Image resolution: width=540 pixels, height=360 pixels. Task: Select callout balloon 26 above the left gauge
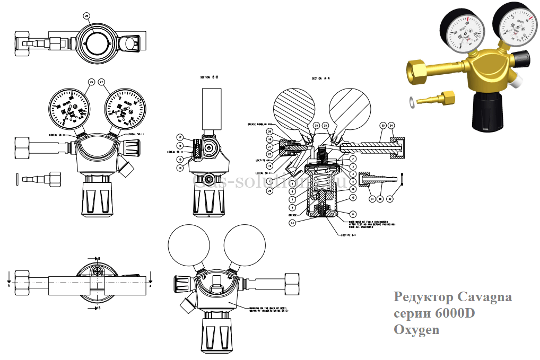pos(91,82)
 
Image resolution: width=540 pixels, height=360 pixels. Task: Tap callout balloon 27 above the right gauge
pos(102,82)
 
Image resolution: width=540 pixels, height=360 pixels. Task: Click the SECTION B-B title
pos(209,77)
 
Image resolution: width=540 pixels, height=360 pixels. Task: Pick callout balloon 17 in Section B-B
pos(180,137)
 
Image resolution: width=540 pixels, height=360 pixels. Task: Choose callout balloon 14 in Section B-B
pos(180,168)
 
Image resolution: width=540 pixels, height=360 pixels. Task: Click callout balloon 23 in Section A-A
pos(382,126)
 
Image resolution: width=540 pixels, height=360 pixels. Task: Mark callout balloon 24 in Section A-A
pos(393,126)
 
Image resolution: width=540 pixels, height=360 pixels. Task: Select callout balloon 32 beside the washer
pos(390,199)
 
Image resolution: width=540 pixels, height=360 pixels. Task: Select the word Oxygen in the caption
pos(416,330)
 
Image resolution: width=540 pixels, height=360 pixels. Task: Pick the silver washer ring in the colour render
pos(412,101)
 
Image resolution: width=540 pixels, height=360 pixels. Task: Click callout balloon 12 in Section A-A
pos(352,197)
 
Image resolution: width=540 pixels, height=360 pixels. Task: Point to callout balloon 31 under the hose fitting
pos(371,199)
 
